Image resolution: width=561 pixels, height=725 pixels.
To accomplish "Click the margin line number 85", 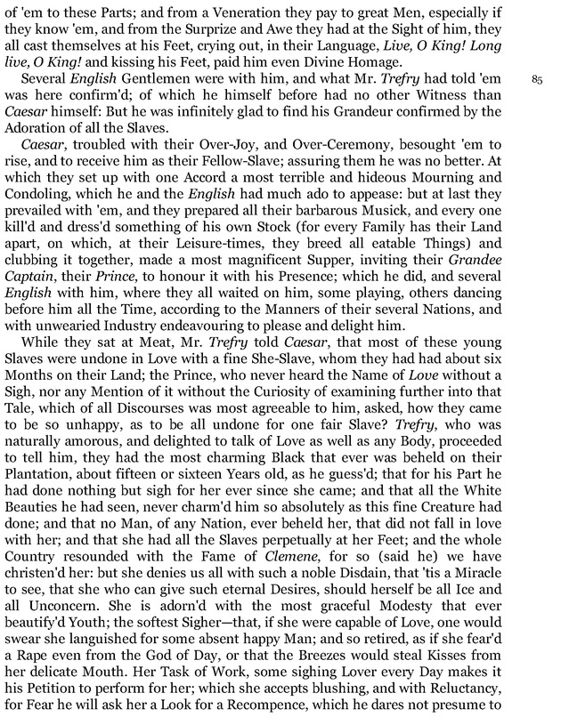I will coord(536,79).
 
